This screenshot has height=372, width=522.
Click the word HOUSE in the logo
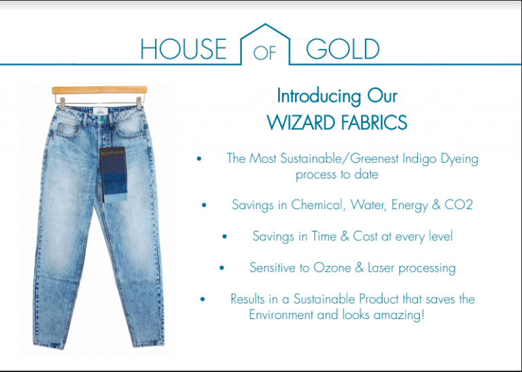pos(184,49)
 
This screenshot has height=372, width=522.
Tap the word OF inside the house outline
pos(265,52)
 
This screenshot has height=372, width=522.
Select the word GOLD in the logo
pos(343,49)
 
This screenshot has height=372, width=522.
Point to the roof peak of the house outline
pos(265,24)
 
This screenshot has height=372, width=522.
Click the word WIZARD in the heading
pos(301,122)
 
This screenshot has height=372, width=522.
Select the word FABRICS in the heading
pos(374,122)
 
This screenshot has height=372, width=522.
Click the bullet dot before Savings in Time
pos(225,236)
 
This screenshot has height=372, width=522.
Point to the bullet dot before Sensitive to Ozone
pos(222,267)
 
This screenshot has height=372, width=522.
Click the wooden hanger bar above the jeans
pos(99,90)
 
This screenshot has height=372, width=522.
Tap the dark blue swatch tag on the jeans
pos(114,174)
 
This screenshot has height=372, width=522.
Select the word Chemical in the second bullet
pos(317,205)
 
